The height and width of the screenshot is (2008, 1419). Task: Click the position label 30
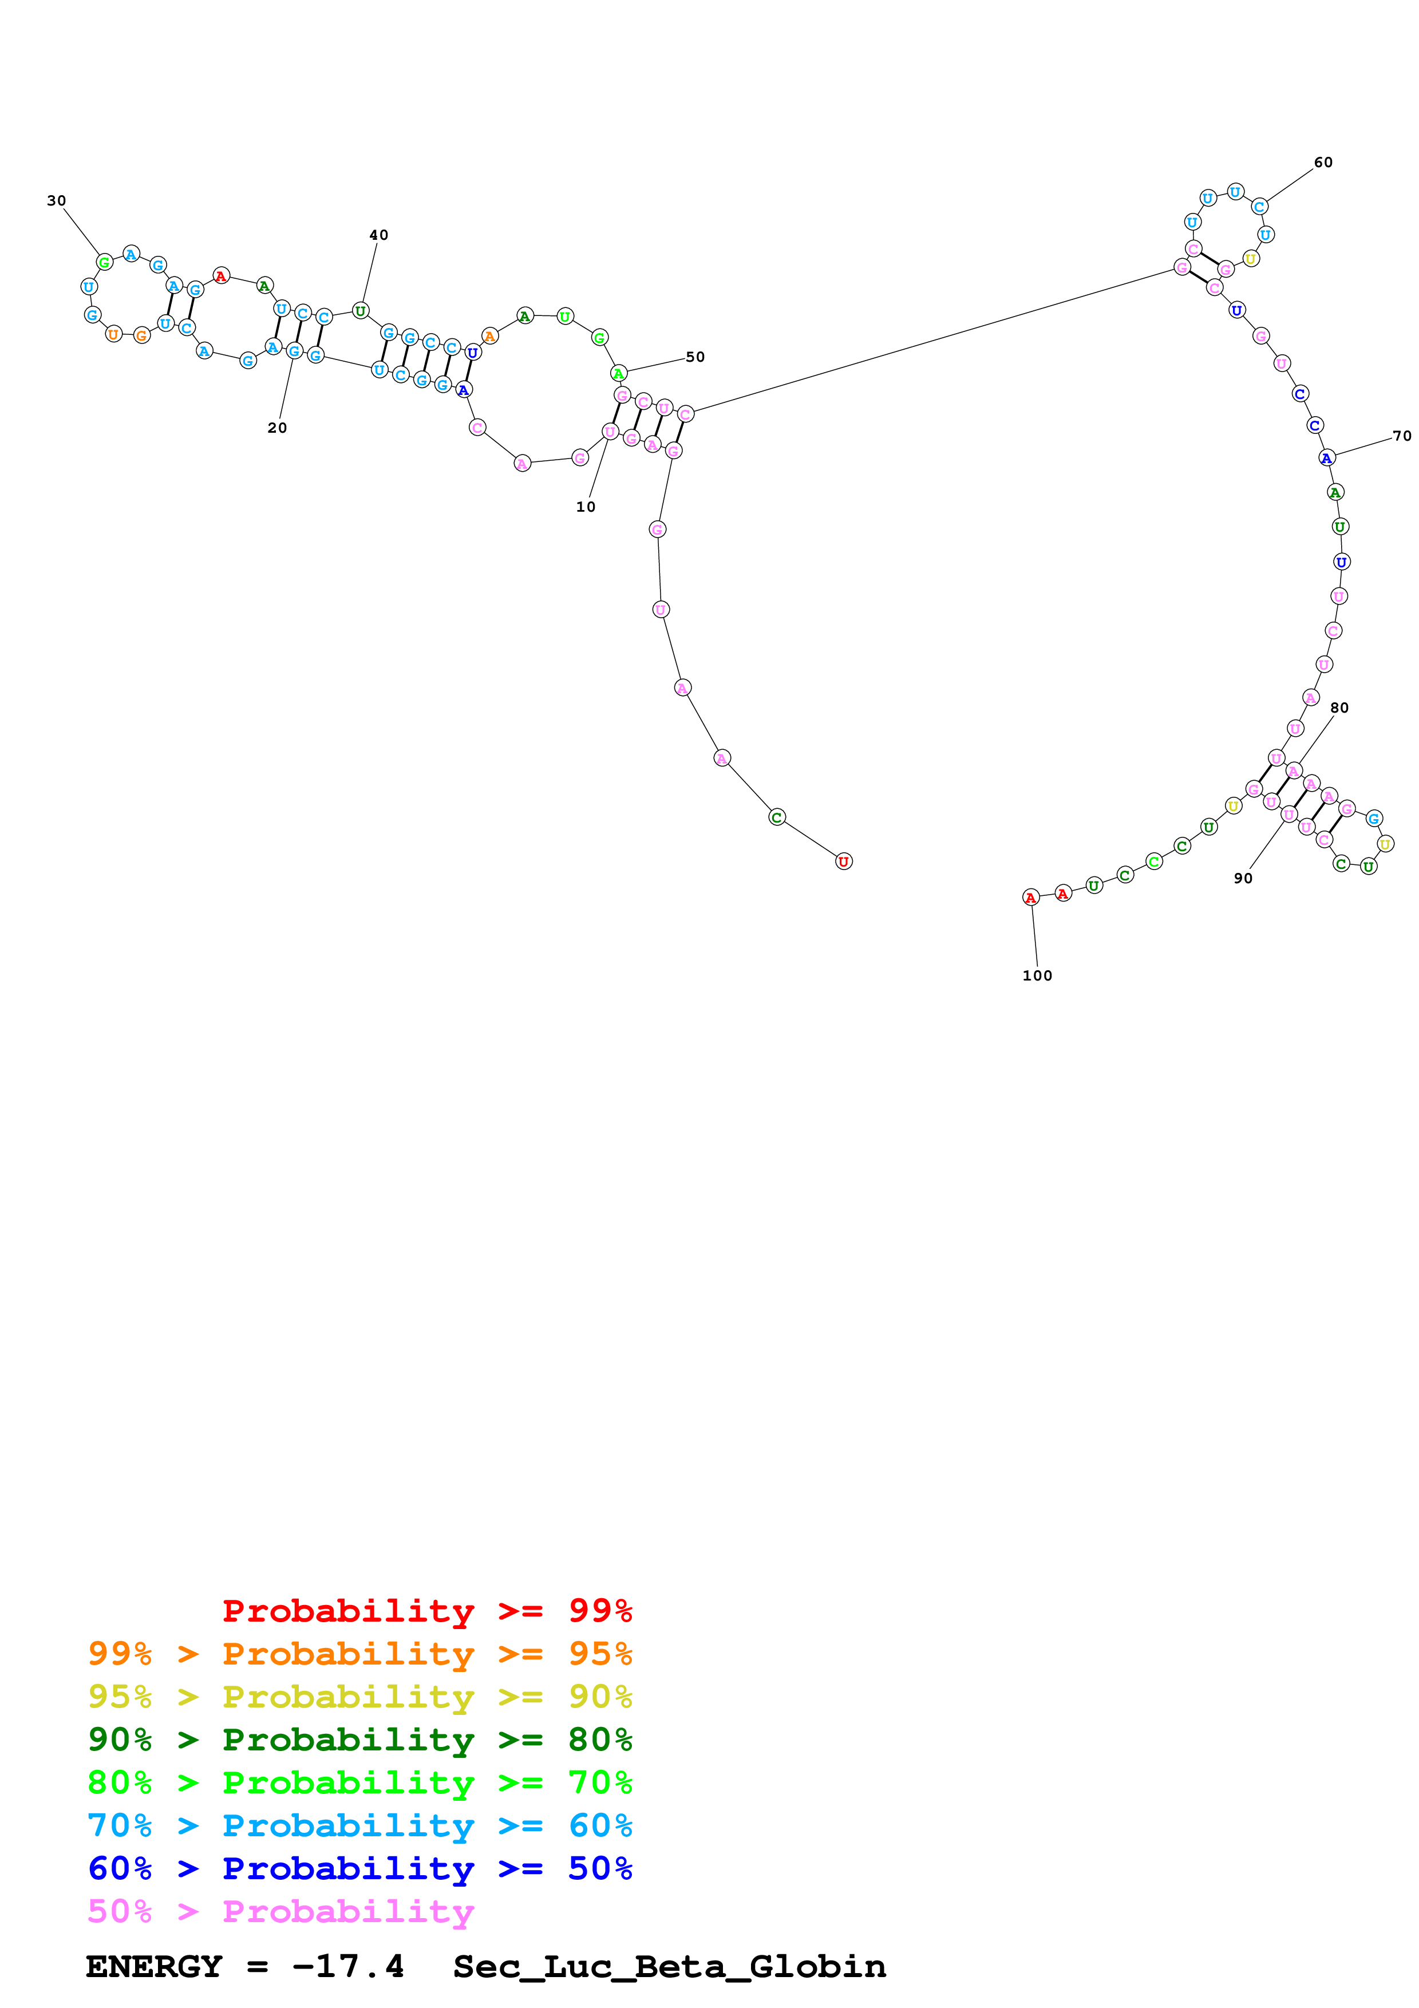point(57,201)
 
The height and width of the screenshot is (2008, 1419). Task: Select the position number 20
point(277,428)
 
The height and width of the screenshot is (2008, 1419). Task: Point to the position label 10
point(586,507)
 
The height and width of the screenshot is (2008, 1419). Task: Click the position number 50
point(695,357)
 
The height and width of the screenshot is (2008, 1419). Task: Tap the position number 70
point(1401,436)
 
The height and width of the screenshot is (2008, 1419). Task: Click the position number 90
point(1242,878)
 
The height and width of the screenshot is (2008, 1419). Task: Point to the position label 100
point(1037,975)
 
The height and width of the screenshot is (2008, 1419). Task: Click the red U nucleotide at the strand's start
point(843,861)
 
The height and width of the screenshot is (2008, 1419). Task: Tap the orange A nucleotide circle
point(489,336)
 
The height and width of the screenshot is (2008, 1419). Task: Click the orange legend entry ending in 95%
point(359,1653)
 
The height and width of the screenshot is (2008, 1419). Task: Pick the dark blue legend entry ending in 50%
point(359,1868)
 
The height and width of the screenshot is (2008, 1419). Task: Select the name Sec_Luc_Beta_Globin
point(669,1966)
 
